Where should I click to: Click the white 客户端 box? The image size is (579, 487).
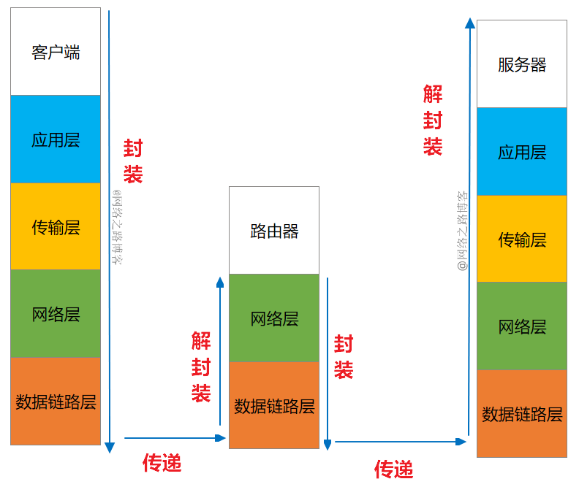point(56,52)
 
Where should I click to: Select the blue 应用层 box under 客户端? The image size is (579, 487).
point(56,139)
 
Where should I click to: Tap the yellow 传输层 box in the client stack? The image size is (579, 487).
point(56,226)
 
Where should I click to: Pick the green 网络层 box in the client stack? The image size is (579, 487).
point(56,314)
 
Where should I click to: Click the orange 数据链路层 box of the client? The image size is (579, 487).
point(56,401)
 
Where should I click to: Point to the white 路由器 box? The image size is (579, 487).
point(274,231)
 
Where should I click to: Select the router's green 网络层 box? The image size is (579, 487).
point(274,318)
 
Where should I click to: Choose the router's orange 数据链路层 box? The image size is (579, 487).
point(274,405)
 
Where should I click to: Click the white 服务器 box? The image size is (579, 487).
point(522,64)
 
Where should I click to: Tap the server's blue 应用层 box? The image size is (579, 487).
point(522,152)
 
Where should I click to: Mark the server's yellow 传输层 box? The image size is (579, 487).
point(522,239)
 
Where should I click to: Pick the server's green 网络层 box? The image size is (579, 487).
point(522,326)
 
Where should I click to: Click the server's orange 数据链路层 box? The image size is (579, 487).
point(522,413)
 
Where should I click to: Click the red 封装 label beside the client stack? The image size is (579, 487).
point(133,161)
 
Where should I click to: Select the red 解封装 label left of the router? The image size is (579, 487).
point(201,367)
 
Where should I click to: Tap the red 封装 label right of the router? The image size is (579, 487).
point(344,356)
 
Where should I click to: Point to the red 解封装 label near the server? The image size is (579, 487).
point(433,120)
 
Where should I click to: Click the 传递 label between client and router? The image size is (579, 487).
point(162,462)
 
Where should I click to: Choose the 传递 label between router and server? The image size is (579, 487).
point(394,469)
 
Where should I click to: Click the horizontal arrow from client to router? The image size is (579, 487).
point(175,438)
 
